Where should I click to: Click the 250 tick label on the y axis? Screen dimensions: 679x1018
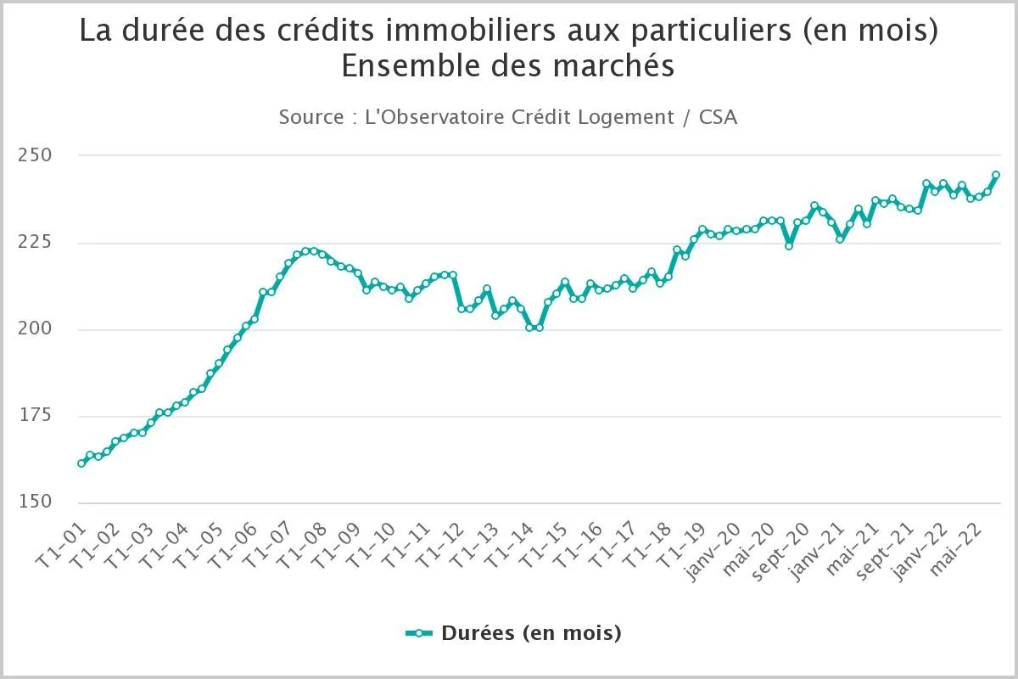pyautogui.click(x=35, y=156)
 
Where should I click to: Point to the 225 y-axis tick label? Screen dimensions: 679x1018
pyautogui.click(x=35, y=243)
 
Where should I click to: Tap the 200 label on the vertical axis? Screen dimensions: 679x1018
pyautogui.click(x=35, y=329)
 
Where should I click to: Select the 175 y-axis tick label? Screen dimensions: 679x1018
pyautogui.click(x=35, y=416)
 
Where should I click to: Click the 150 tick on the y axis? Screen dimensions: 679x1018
pyautogui.click(x=35, y=502)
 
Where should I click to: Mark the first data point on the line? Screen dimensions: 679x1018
pyautogui.click(x=81, y=463)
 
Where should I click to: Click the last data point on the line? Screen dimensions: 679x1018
pyautogui.click(x=996, y=175)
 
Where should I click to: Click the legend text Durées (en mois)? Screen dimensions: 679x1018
pyautogui.click(x=531, y=633)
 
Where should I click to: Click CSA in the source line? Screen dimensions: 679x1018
pyautogui.click(x=718, y=117)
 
